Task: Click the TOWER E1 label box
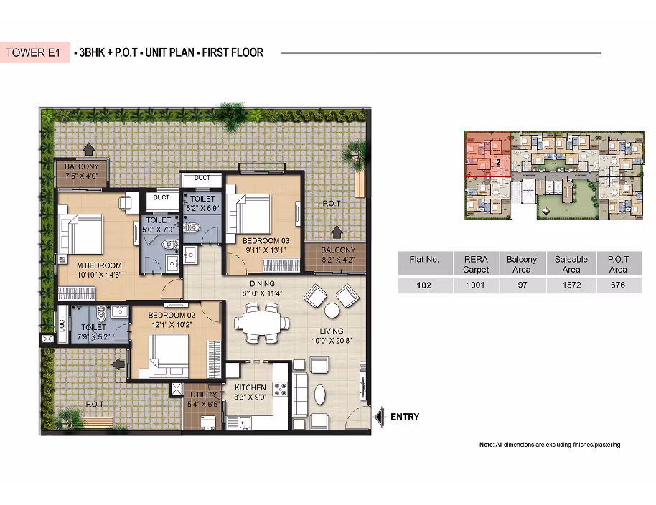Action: click(x=34, y=52)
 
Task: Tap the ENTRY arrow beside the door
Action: click(x=379, y=417)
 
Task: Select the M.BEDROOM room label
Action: click(x=99, y=265)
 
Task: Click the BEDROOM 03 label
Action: click(x=266, y=241)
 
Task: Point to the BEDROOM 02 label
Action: click(x=172, y=315)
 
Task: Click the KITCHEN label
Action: click(x=250, y=387)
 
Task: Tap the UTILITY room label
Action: click(x=204, y=395)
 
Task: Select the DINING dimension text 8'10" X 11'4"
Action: click(x=262, y=293)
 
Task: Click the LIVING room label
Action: click(x=332, y=331)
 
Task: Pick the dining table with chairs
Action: click(x=261, y=323)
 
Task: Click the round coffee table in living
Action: click(x=332, y=311)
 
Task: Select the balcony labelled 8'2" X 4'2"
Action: click(x=337, y=255)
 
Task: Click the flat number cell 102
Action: click(x=423, y=285)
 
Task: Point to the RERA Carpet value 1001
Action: click(x=475, y=285)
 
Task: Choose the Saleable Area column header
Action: click(x=571, y=264)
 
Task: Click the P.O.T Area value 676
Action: click(x=618, y=285)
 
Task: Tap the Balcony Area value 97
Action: click(x=522, y=285)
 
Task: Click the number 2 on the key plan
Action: click(x=498, y=162)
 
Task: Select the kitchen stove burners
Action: click(x=281, y=390)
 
